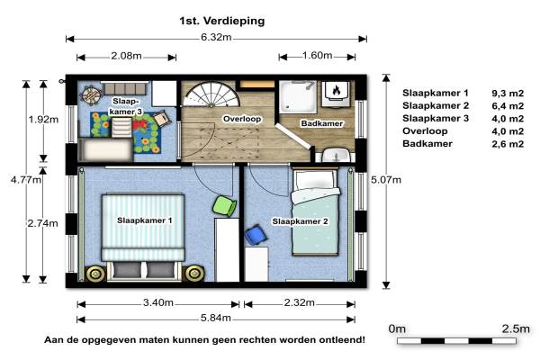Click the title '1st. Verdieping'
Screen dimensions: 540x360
(221, 21)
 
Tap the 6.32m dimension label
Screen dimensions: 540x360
(216, 37)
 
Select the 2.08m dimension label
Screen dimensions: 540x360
(126, 56)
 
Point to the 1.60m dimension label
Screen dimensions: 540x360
(317, 55)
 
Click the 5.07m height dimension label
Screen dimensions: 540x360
(386, 180)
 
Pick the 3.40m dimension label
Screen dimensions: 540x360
(158, 302)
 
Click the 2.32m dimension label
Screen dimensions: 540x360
(300, 302)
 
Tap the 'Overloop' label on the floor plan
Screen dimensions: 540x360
(242, 119)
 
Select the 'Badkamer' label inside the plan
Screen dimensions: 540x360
(322, 123)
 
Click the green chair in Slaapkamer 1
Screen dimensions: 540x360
(224, 206)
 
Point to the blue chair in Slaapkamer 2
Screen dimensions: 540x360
(256, 235)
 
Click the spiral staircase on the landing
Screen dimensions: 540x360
(211, 94)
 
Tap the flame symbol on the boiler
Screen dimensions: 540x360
(336, 90)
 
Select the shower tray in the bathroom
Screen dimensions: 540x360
(298, 97)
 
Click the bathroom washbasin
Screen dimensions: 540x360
(336, 155)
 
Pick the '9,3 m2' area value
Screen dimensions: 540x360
(508, 93)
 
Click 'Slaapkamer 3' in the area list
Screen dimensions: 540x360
(436, 119)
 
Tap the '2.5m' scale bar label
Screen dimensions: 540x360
(516, 328)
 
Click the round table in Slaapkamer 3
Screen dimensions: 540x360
(91, 94)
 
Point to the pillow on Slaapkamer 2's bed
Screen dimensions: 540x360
(314, 179)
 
